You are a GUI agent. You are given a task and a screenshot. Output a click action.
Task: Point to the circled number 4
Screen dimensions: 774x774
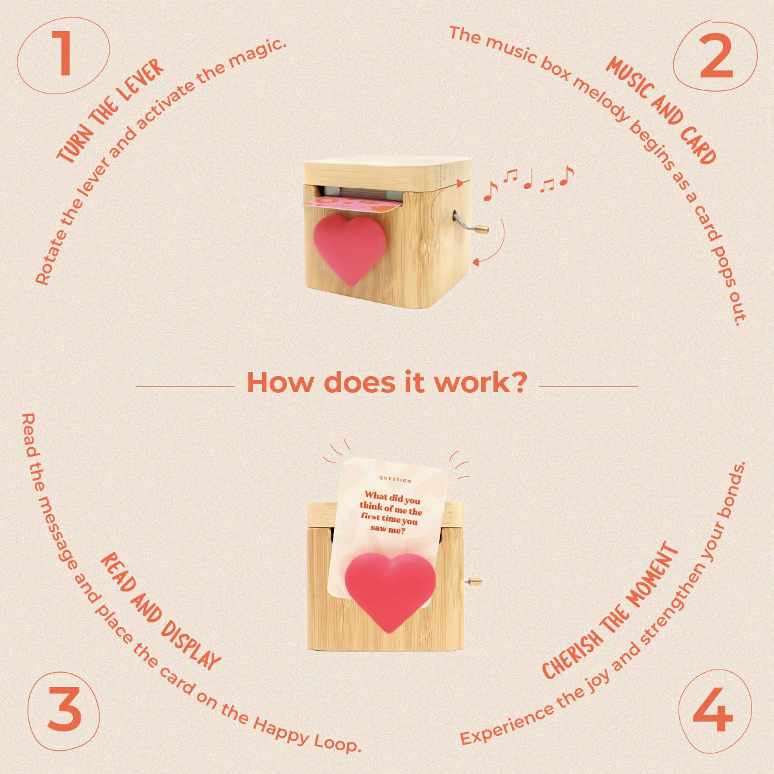(715, 709)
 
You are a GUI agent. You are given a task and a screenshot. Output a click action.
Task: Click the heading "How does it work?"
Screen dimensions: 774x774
(386, 382)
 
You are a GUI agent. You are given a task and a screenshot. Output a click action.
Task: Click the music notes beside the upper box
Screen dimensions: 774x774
(528, 183)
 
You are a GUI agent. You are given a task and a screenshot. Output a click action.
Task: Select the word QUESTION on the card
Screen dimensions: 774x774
(395, 480)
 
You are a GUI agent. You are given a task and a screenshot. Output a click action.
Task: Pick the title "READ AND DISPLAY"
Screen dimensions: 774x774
(160, 611)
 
